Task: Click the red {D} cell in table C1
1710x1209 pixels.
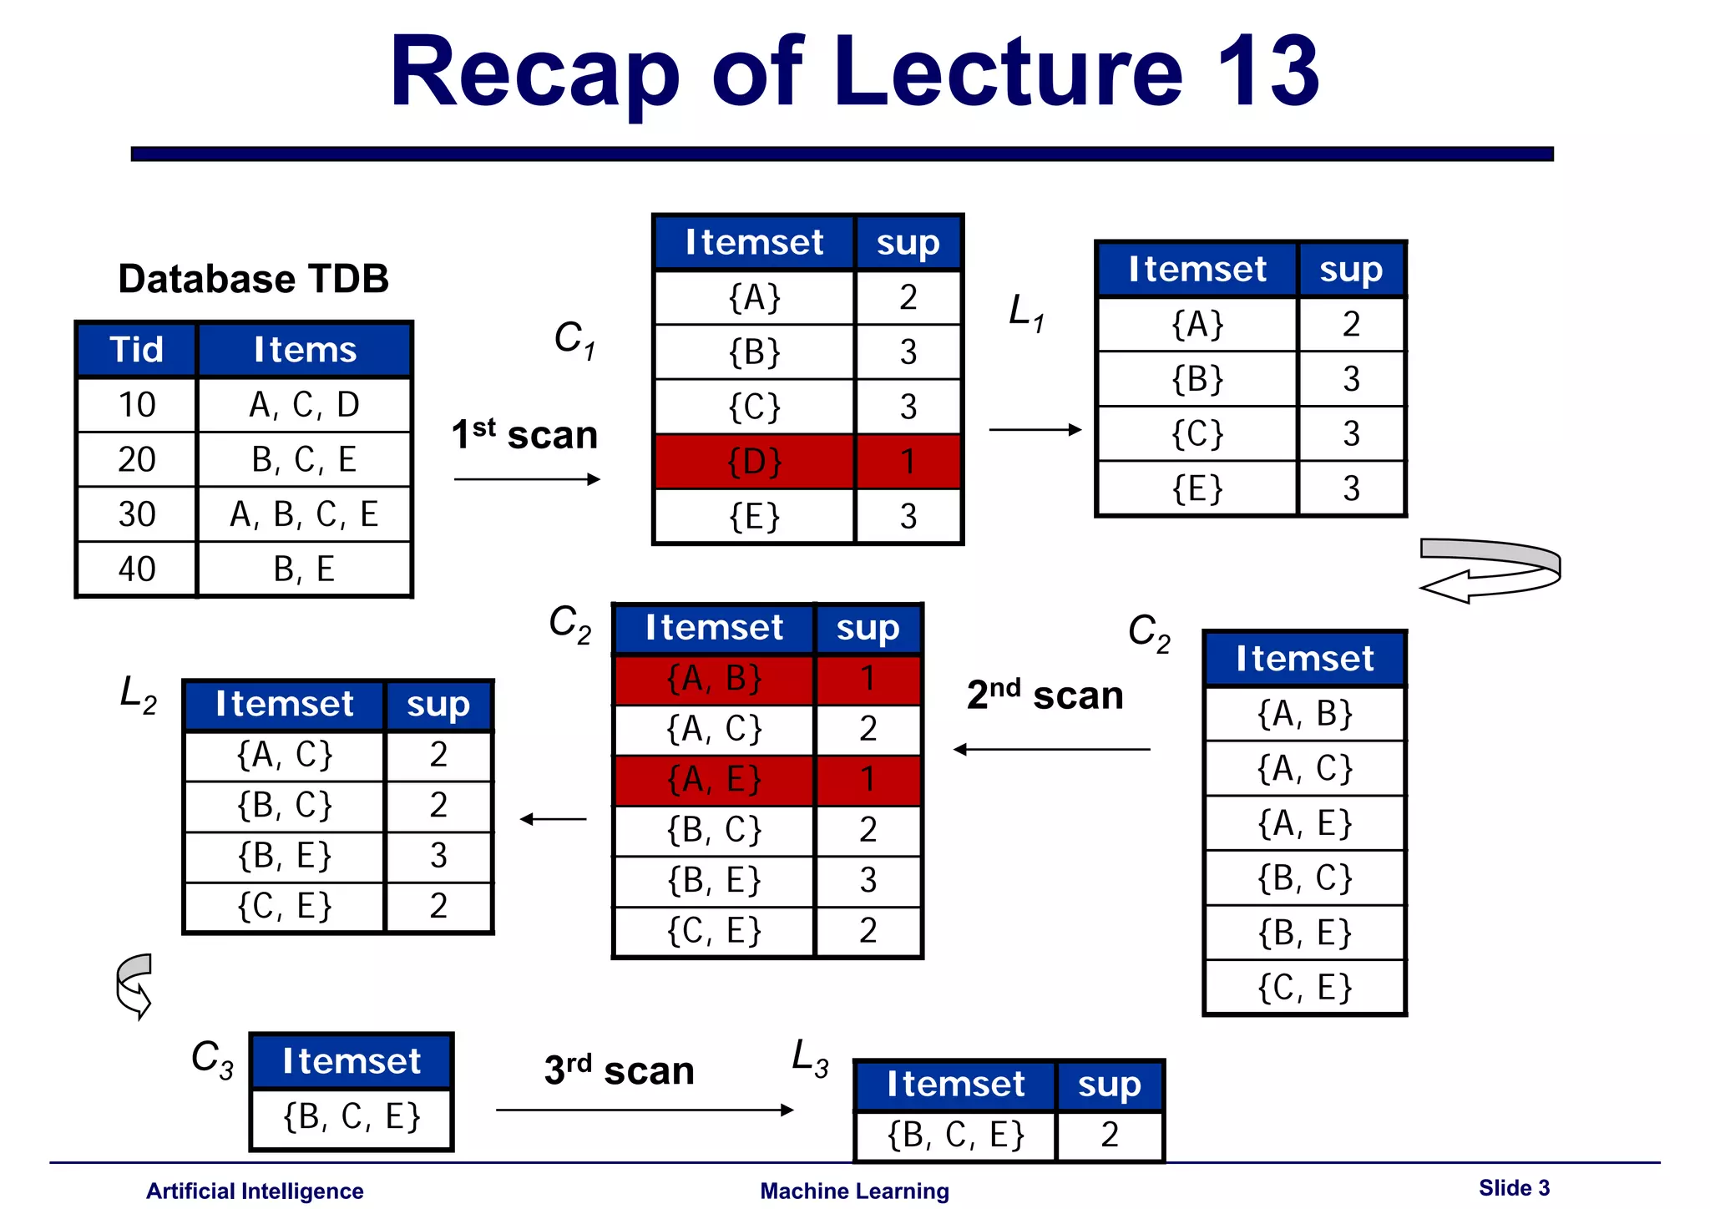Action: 754,462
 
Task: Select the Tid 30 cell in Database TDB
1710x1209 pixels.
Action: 137,514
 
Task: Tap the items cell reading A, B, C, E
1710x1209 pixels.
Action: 304,514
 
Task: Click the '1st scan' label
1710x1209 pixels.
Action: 524,435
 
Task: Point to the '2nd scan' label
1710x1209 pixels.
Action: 1045,695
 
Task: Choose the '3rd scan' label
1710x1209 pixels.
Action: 619,1070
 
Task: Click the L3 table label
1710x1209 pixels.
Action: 809,1058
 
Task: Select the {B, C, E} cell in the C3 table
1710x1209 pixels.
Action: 352,1117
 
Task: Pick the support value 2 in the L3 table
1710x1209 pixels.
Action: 1109,1135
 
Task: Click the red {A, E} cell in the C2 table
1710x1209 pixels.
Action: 714,780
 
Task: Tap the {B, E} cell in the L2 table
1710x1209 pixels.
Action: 285,856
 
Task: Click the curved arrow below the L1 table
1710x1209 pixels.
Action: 1491,570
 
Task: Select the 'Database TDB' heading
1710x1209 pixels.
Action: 253,279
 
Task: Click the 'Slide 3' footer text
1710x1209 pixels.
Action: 1513,1188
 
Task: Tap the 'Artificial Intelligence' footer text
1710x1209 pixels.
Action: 255,1191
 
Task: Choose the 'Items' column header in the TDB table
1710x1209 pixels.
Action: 305,350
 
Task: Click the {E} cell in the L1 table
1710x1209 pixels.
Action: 1197,488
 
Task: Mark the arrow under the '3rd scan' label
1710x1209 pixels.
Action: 644,1110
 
